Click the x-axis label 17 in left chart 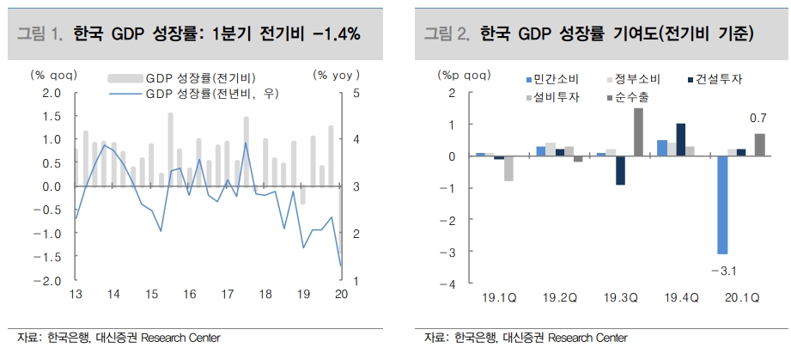coord(227,294)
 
